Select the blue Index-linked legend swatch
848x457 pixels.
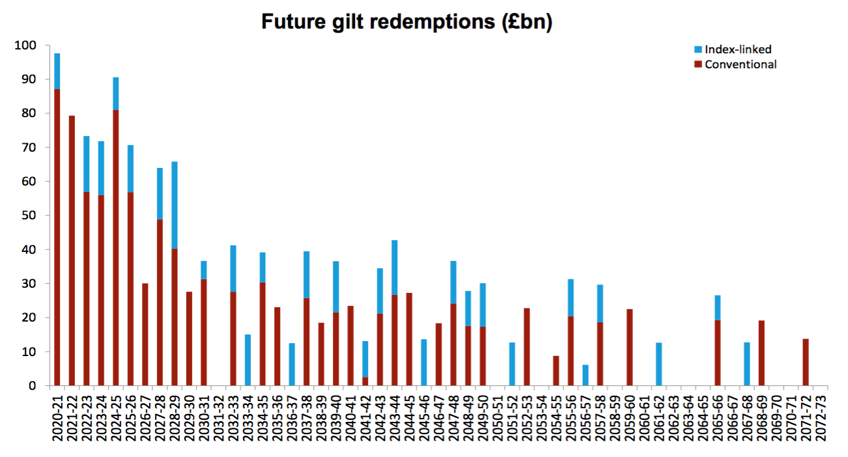point(698,49)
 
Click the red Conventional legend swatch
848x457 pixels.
point(698,64)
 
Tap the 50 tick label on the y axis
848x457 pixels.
point(29,215)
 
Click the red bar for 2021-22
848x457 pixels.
point(72,251)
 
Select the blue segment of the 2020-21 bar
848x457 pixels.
point(57,71)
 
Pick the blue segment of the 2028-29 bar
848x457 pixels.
point(175,204)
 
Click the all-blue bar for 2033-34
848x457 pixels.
point(247,360)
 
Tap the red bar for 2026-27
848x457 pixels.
point(145,334)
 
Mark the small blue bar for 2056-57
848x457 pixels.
point(586,375)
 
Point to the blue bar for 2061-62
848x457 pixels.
point(659,364)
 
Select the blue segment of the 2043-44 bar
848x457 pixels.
point(395,268)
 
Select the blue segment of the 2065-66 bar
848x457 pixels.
point(718,307)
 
